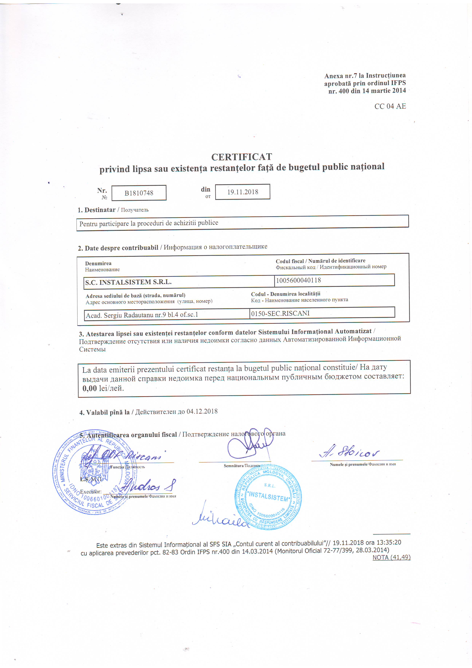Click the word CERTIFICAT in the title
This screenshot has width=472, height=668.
(x=242, y=157)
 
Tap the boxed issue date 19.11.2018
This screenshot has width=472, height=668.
(x=243, y=192)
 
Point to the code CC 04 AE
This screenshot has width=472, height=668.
(x=390, y=106)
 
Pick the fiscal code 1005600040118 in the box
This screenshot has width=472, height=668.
(x=298, y=280)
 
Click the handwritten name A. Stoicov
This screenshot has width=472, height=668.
(x=350, y=452)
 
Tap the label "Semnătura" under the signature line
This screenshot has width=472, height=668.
(x=233, y=466)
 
